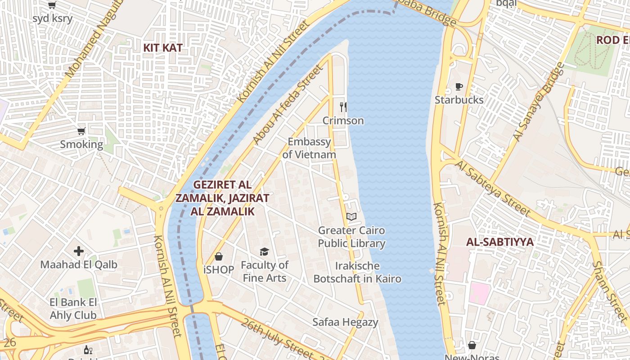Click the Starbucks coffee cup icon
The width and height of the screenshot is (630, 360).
click(459, 86)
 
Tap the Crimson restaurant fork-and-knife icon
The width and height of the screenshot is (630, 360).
click(343, 107)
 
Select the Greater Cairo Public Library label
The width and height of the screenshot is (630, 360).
click(351, 237)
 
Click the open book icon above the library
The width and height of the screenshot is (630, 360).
click(351, 217)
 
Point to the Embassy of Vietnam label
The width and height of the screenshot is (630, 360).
click(309, 148)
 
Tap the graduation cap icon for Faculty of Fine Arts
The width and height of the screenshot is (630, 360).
click(264, 252)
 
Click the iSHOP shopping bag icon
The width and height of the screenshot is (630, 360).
click(219, 256)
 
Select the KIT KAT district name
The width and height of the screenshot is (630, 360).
click(163, 48)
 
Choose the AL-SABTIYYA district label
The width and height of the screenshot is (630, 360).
click(499, 242)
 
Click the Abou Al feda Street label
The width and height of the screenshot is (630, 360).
click(288, 104)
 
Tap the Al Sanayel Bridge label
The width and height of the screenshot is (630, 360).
click(539, 102)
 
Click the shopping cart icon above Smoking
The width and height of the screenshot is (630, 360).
click(81, 131)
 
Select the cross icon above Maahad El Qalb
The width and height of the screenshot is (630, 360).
click(79, 251)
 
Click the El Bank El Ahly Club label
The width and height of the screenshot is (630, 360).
click(73, 309)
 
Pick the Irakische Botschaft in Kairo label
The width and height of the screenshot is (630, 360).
click(357, 272)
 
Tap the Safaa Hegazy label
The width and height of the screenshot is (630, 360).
click(345, 322)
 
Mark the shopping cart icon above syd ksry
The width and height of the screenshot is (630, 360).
click(52, 5)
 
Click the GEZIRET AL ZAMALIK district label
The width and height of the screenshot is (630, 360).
click(222, 198)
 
